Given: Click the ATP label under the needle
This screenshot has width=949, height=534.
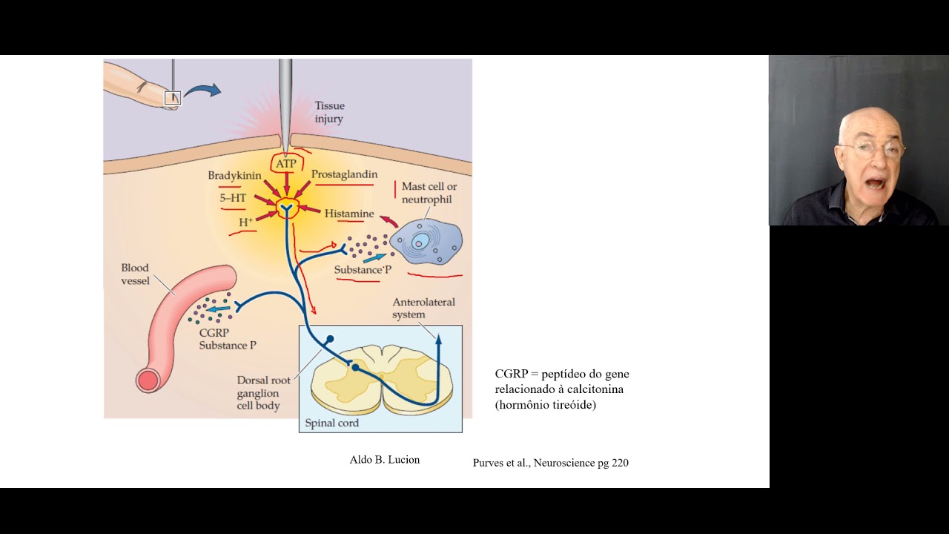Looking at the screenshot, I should coord(285,163).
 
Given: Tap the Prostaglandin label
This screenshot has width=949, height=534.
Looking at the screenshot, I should coord(344,174).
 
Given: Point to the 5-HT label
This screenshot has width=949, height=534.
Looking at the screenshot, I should coord(233,198).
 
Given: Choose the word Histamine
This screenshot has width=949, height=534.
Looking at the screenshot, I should coord(348,214).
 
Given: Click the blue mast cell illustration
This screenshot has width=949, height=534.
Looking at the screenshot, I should coord(426,241).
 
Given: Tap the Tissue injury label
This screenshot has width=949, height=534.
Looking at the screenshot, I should coord(329,112).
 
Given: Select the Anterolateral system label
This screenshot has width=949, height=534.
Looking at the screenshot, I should coord(423,308).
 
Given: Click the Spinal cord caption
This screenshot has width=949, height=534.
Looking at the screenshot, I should coord(331,423).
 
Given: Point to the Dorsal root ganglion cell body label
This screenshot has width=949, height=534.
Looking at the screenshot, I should coord(263,393).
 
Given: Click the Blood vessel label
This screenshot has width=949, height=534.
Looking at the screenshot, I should coord(135,274).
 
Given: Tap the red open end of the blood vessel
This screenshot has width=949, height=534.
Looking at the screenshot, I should coord(148,381).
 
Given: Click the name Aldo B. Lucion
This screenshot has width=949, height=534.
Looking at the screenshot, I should coord(384,460).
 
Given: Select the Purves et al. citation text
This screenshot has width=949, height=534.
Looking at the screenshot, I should coord(550,463).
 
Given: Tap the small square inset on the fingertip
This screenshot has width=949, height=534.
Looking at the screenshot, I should coord(172,98).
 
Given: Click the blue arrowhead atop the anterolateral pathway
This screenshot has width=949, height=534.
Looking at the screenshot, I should coord(438,340).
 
